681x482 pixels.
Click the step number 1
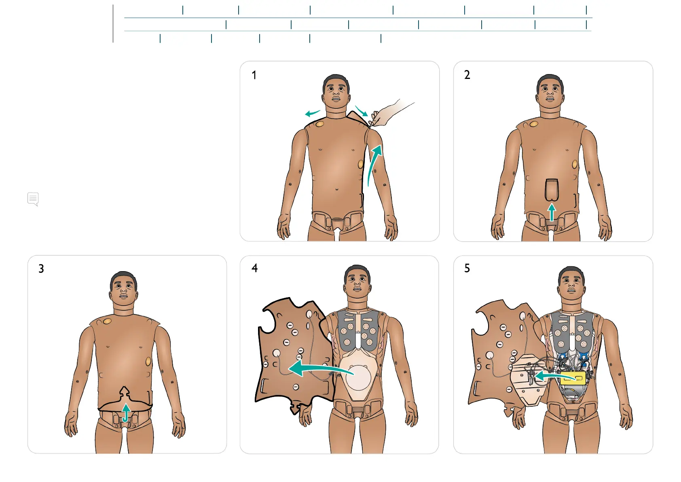tap(254, 75)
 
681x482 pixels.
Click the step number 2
tap(467, 75)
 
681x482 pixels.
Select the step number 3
tap(41, 269)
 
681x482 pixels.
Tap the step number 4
tap(254, 268)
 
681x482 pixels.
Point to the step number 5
tap(467, 268)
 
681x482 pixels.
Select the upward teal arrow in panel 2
tap(552, 212)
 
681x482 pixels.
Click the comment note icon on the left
tap(33, 199)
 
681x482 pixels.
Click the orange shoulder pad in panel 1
tap(319, 124)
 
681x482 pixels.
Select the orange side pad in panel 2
tap(575, 165)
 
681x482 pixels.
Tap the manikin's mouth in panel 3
tap(123, 296)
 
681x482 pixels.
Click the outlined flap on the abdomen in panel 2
tap(552, 189)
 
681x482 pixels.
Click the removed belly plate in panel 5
tap(526, 380)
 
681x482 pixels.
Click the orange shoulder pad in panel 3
tap(107, 321)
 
